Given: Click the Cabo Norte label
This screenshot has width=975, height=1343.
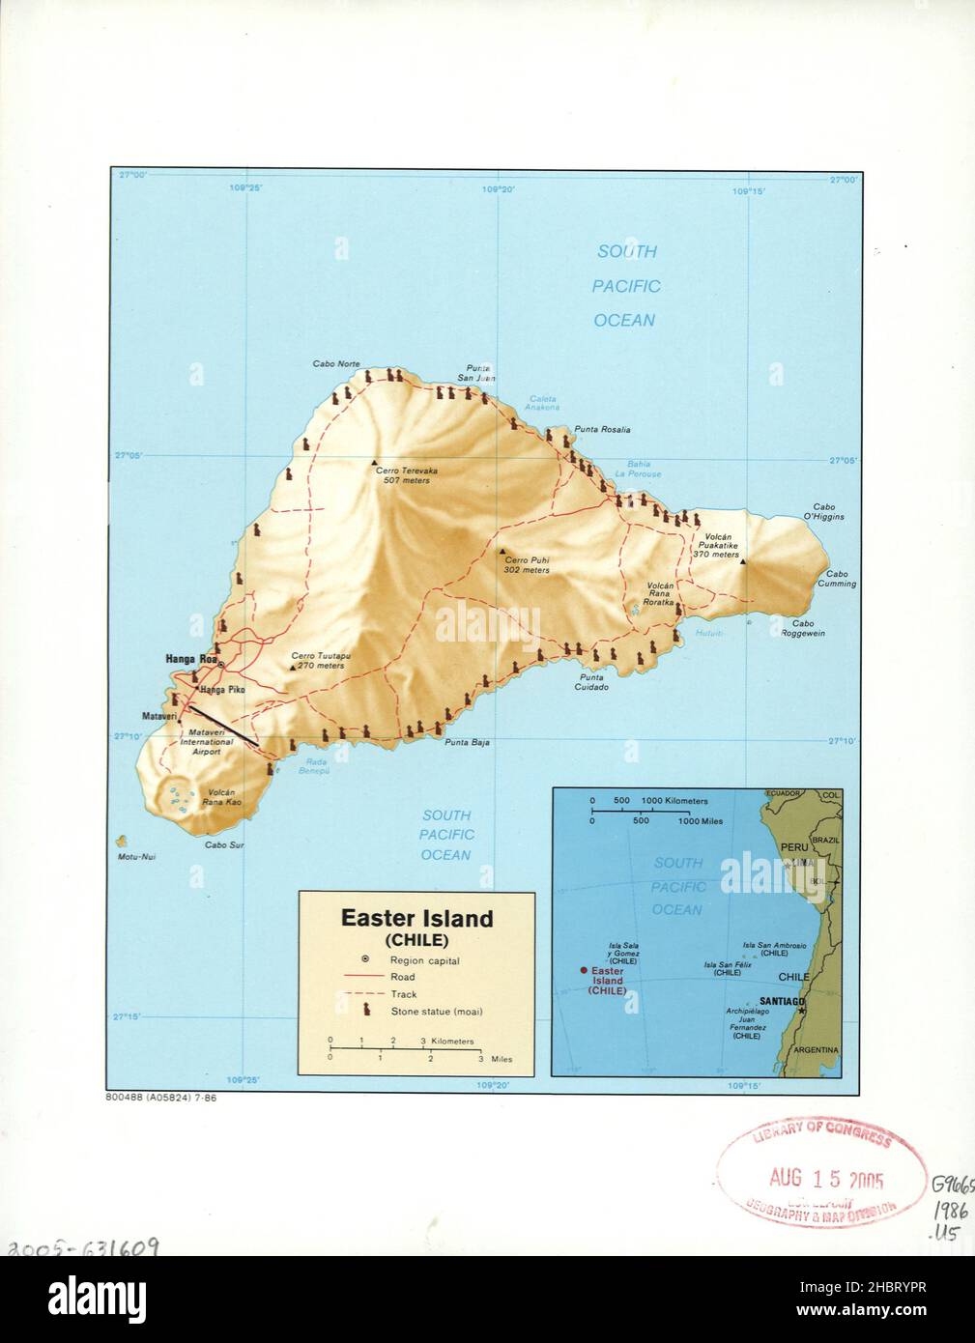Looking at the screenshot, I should (335, 365).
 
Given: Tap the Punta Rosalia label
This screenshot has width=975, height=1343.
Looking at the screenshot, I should (602, 429).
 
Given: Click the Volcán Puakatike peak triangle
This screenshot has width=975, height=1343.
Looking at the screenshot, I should (743, 561).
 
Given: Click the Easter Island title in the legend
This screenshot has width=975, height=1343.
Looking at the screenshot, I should (416, 919).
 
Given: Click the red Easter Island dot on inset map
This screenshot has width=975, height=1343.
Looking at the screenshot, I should (584, 970).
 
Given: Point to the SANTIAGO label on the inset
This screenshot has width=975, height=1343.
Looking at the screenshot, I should (782, 1001).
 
